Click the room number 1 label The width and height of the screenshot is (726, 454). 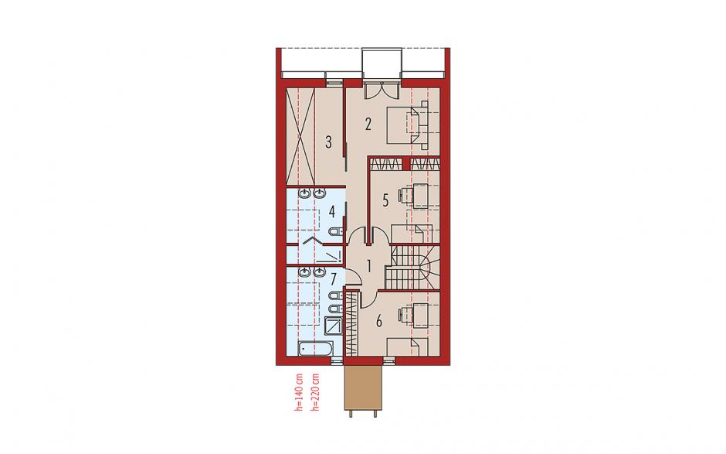tap(369, 266)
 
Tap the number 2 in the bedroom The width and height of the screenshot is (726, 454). tap(368, 125)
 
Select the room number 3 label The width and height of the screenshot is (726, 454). tap(328, 142)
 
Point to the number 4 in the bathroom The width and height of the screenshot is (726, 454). tap(332, 212)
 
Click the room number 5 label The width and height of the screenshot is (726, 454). tap(385, 200)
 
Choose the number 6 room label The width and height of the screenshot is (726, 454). tap(379, 320)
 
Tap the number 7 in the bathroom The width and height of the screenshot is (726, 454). tap(333, 279)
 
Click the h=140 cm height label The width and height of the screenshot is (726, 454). tap(299, 392)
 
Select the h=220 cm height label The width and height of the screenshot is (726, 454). tap(316, 392)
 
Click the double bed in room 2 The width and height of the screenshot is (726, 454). tap(406, 125)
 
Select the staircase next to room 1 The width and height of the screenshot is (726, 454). tap(412, 266)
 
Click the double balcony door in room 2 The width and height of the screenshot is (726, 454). tap(382, 90)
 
